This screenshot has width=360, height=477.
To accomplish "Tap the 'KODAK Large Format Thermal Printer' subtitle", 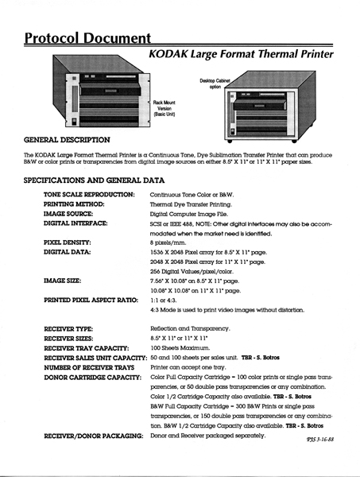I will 241,54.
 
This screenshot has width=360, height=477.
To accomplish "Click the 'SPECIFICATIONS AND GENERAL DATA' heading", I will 94,180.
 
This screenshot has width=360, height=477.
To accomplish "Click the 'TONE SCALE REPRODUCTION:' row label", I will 88,195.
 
